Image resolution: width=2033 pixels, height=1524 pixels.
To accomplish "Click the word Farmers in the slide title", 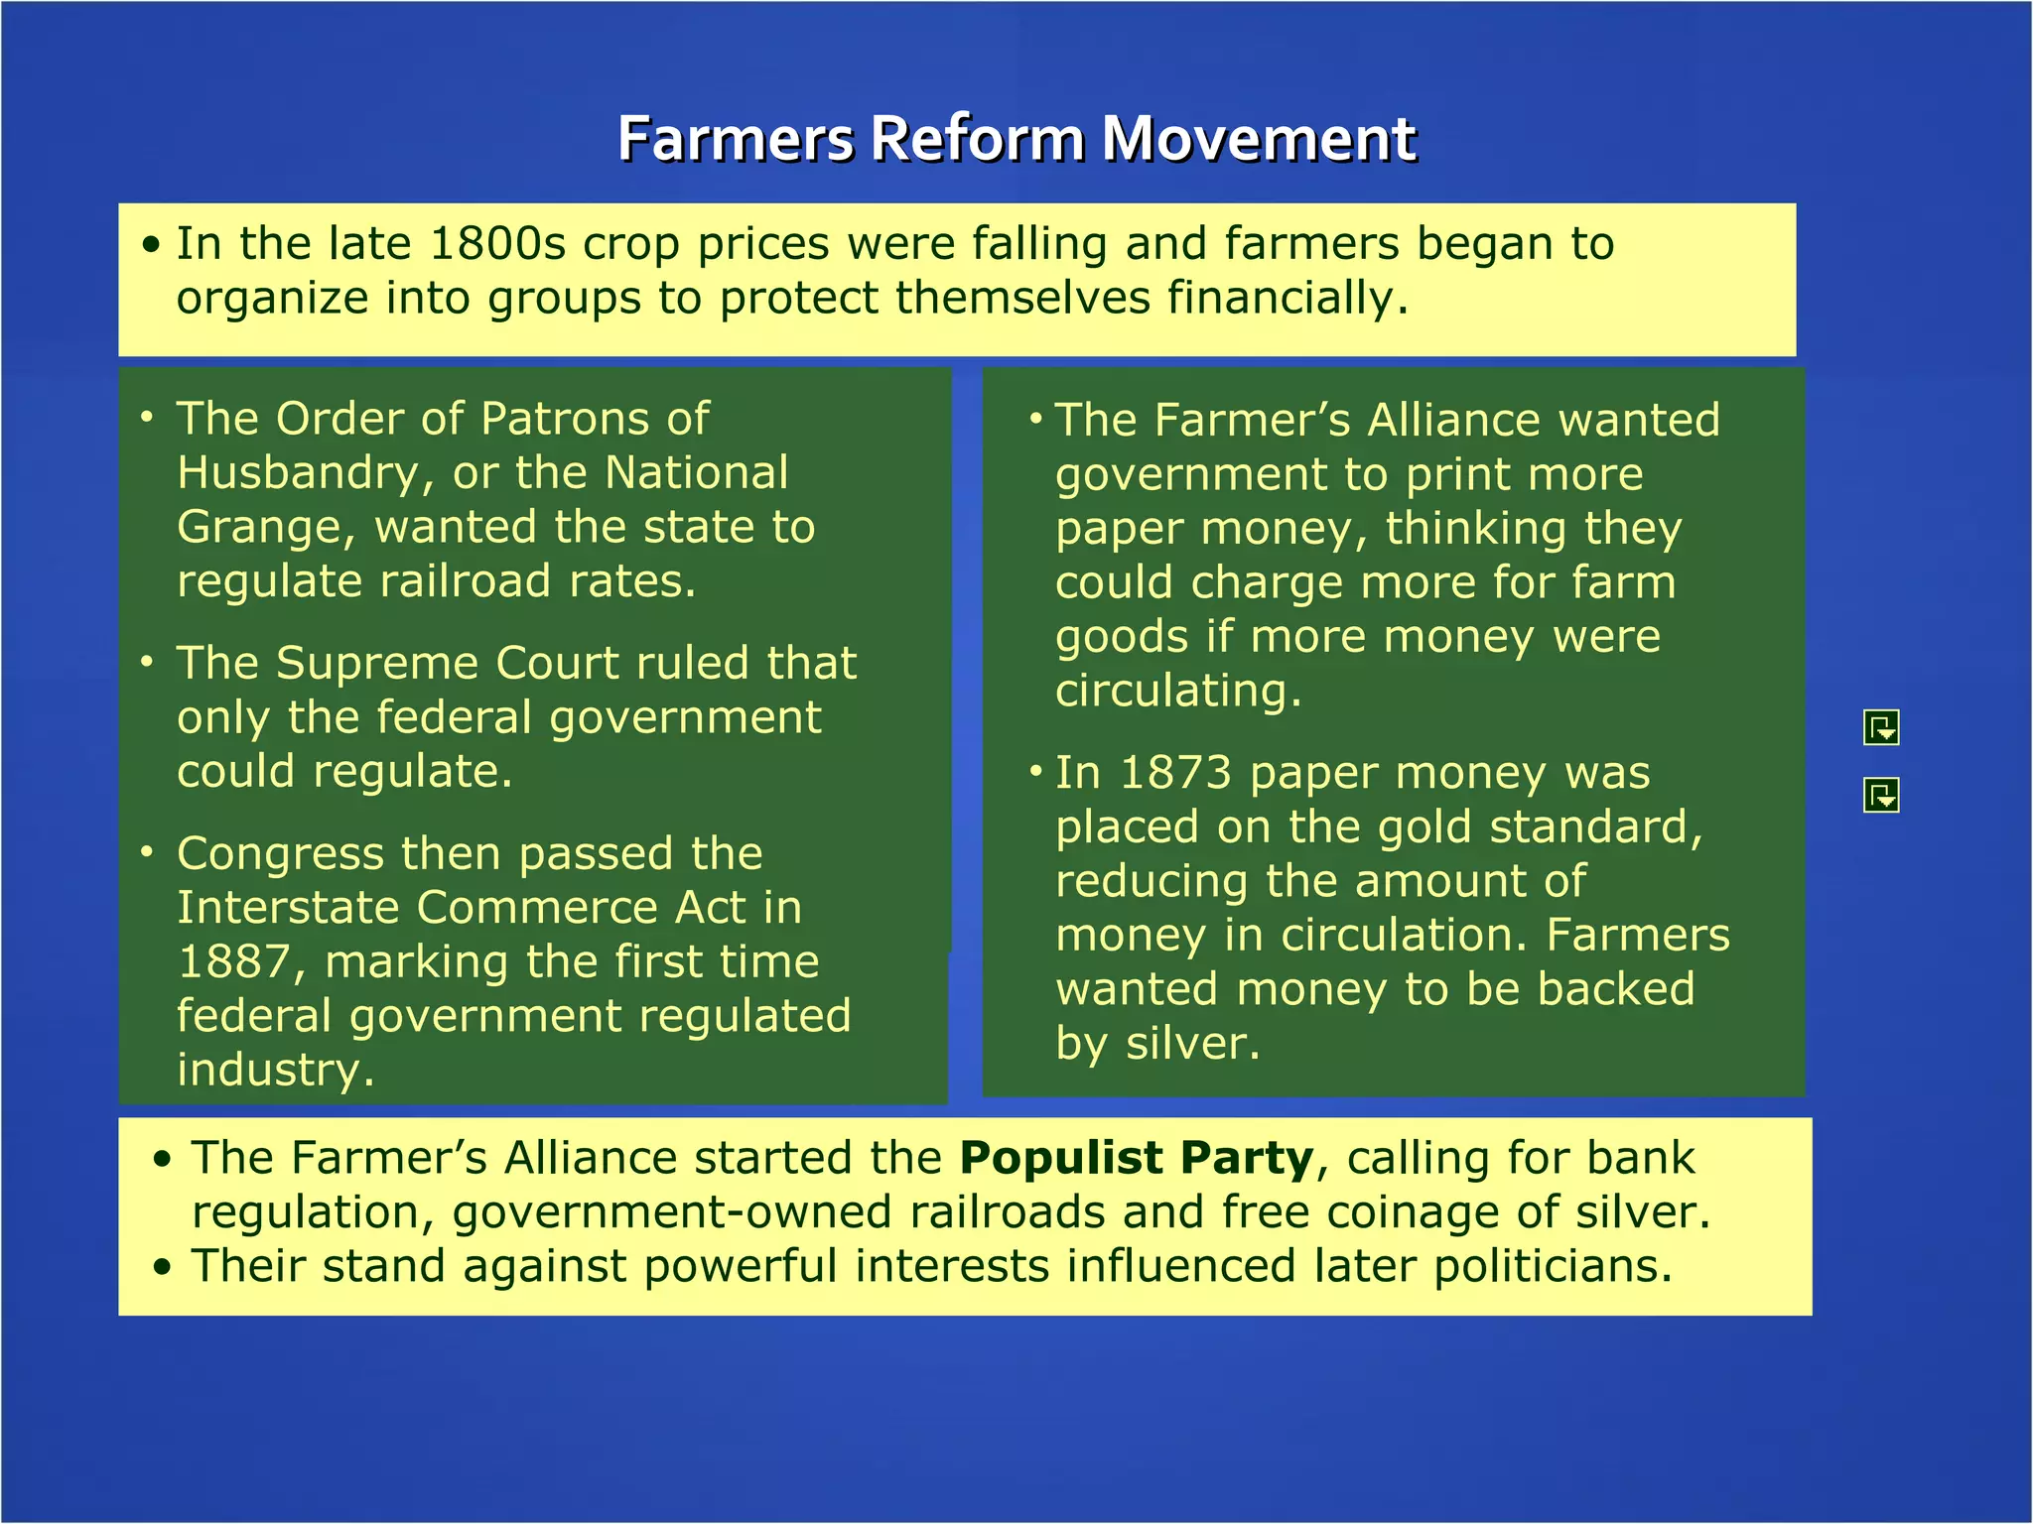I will click(735, 139).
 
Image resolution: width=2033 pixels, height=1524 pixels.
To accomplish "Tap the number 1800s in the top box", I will click(497, 244).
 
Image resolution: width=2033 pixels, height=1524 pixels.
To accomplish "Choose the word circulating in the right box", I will click(1176, 692).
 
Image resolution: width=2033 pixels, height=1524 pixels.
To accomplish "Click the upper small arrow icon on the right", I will click(1881, 728).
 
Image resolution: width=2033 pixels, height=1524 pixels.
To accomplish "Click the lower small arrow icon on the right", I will click(1881, 795).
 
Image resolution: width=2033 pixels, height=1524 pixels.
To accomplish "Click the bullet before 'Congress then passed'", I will click(147, 852).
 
